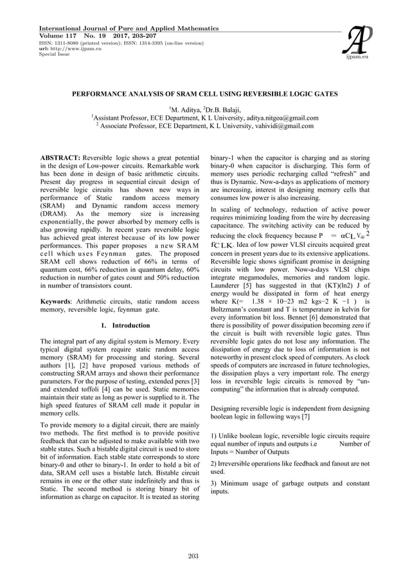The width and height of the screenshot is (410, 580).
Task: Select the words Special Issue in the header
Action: point(55,55)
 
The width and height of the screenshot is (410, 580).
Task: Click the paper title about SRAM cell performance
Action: point(204,95)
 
